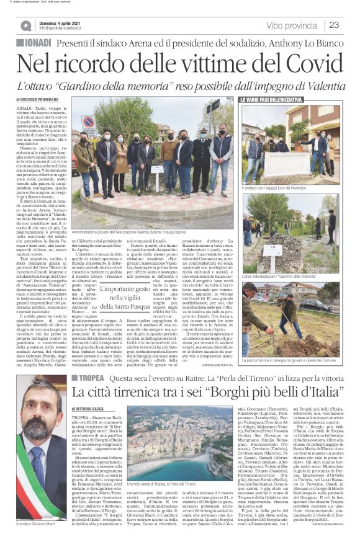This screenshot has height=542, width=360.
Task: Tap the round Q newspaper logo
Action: tap(25, 25)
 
